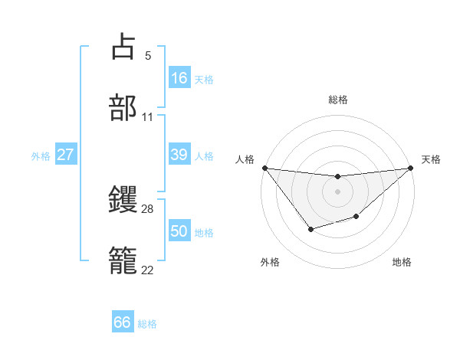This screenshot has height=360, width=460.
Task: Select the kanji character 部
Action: click(123, 107)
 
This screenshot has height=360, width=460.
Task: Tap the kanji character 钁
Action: click(123, 199)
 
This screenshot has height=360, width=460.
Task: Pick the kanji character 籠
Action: click(123, 260)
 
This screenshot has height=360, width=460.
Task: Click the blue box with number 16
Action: click(179, 77)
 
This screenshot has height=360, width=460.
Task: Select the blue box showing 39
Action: click(179, 155)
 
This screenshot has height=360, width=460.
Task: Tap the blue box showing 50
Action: click(179, 231)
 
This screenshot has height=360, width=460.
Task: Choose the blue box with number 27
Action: click(65, 155)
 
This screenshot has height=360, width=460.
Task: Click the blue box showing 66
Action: click(123, 322)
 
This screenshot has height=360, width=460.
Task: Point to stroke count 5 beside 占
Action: click(148, 55)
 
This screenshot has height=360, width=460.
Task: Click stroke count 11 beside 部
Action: click(148, 117)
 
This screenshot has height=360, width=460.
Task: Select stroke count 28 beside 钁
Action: click(148, 208)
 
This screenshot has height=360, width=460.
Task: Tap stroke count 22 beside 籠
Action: click(148, 270)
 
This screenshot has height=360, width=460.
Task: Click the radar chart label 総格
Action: click(337, 100)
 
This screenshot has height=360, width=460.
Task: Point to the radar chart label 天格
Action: click(432, 159)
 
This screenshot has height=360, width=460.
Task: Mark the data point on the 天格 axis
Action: click(410, 168)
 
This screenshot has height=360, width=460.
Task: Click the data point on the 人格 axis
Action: click(264, 168)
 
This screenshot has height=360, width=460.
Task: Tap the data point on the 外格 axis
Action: click(310, 229)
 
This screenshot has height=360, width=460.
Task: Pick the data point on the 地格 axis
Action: click(356, 217)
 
